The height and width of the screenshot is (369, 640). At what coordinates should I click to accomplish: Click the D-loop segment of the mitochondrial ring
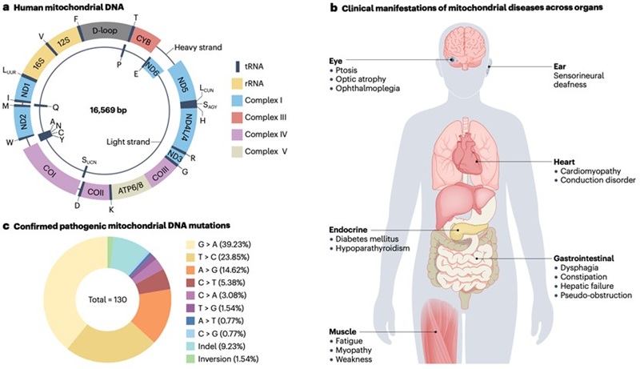point(105,31)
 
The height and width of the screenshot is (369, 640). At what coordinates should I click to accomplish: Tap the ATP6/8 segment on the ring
point(130,191)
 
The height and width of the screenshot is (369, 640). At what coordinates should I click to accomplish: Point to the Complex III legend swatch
point(237,118)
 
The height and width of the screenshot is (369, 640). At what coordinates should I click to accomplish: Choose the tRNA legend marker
point(237,66)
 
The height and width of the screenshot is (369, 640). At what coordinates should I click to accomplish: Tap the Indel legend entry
point(222,346)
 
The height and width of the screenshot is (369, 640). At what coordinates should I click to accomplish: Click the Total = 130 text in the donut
point(107,299)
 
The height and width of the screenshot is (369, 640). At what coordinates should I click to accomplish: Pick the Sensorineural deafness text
point(578,80)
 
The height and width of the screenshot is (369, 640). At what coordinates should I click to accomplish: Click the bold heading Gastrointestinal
point(584,259)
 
